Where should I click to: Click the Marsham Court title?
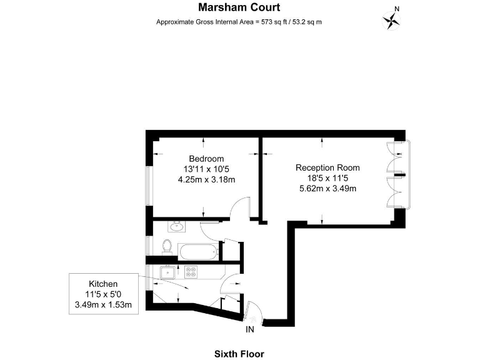click(239, 7)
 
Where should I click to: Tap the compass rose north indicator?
click(392, 20)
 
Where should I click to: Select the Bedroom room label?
click(206, 159)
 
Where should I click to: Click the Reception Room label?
click(327, 167)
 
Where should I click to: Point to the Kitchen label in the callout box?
click(103, 284)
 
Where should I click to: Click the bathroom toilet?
click(167, 247)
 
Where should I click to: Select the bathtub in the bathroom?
click(198, 252)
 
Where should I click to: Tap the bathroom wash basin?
click(176, 226)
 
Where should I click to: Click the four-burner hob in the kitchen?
click(191, 272)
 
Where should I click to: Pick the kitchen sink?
click(167, 272)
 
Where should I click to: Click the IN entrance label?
click(250, 330)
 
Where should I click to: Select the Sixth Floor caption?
click(239, 354)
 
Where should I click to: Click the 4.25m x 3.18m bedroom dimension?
click(207, 180)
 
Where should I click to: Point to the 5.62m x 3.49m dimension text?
click(327, 189)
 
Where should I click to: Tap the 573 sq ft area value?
click(272, 22)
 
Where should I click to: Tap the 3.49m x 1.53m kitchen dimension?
click(104, 305)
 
